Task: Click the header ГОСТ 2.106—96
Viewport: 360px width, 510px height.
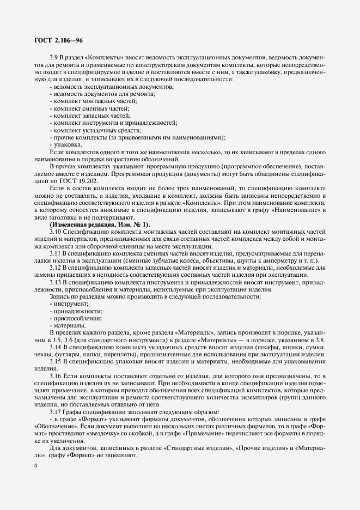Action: [59, 40]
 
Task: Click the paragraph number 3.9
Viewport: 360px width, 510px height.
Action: [55, 57]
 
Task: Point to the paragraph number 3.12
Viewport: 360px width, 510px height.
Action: [57, 268]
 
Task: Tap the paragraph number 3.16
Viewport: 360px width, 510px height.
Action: [57, 376]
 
